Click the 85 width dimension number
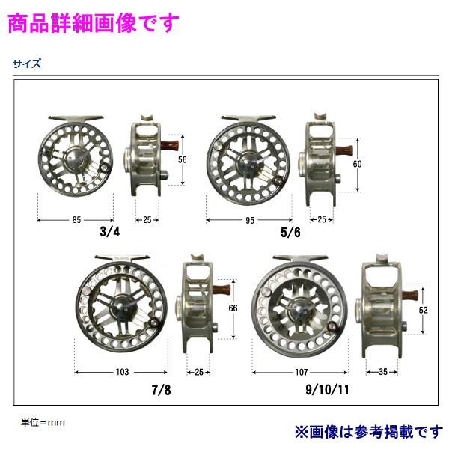tap(77, 219)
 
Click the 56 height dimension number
tap(181, 159)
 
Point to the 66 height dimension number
tap(232, 308)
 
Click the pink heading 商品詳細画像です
tap(94, 22)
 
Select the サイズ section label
tap(26, 64)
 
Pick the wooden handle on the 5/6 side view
tap(346, 148)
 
